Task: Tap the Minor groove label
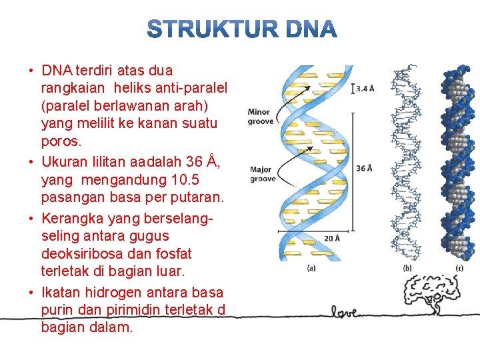259,117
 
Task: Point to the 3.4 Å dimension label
365,88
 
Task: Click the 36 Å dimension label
364,168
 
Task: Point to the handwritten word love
347,311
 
